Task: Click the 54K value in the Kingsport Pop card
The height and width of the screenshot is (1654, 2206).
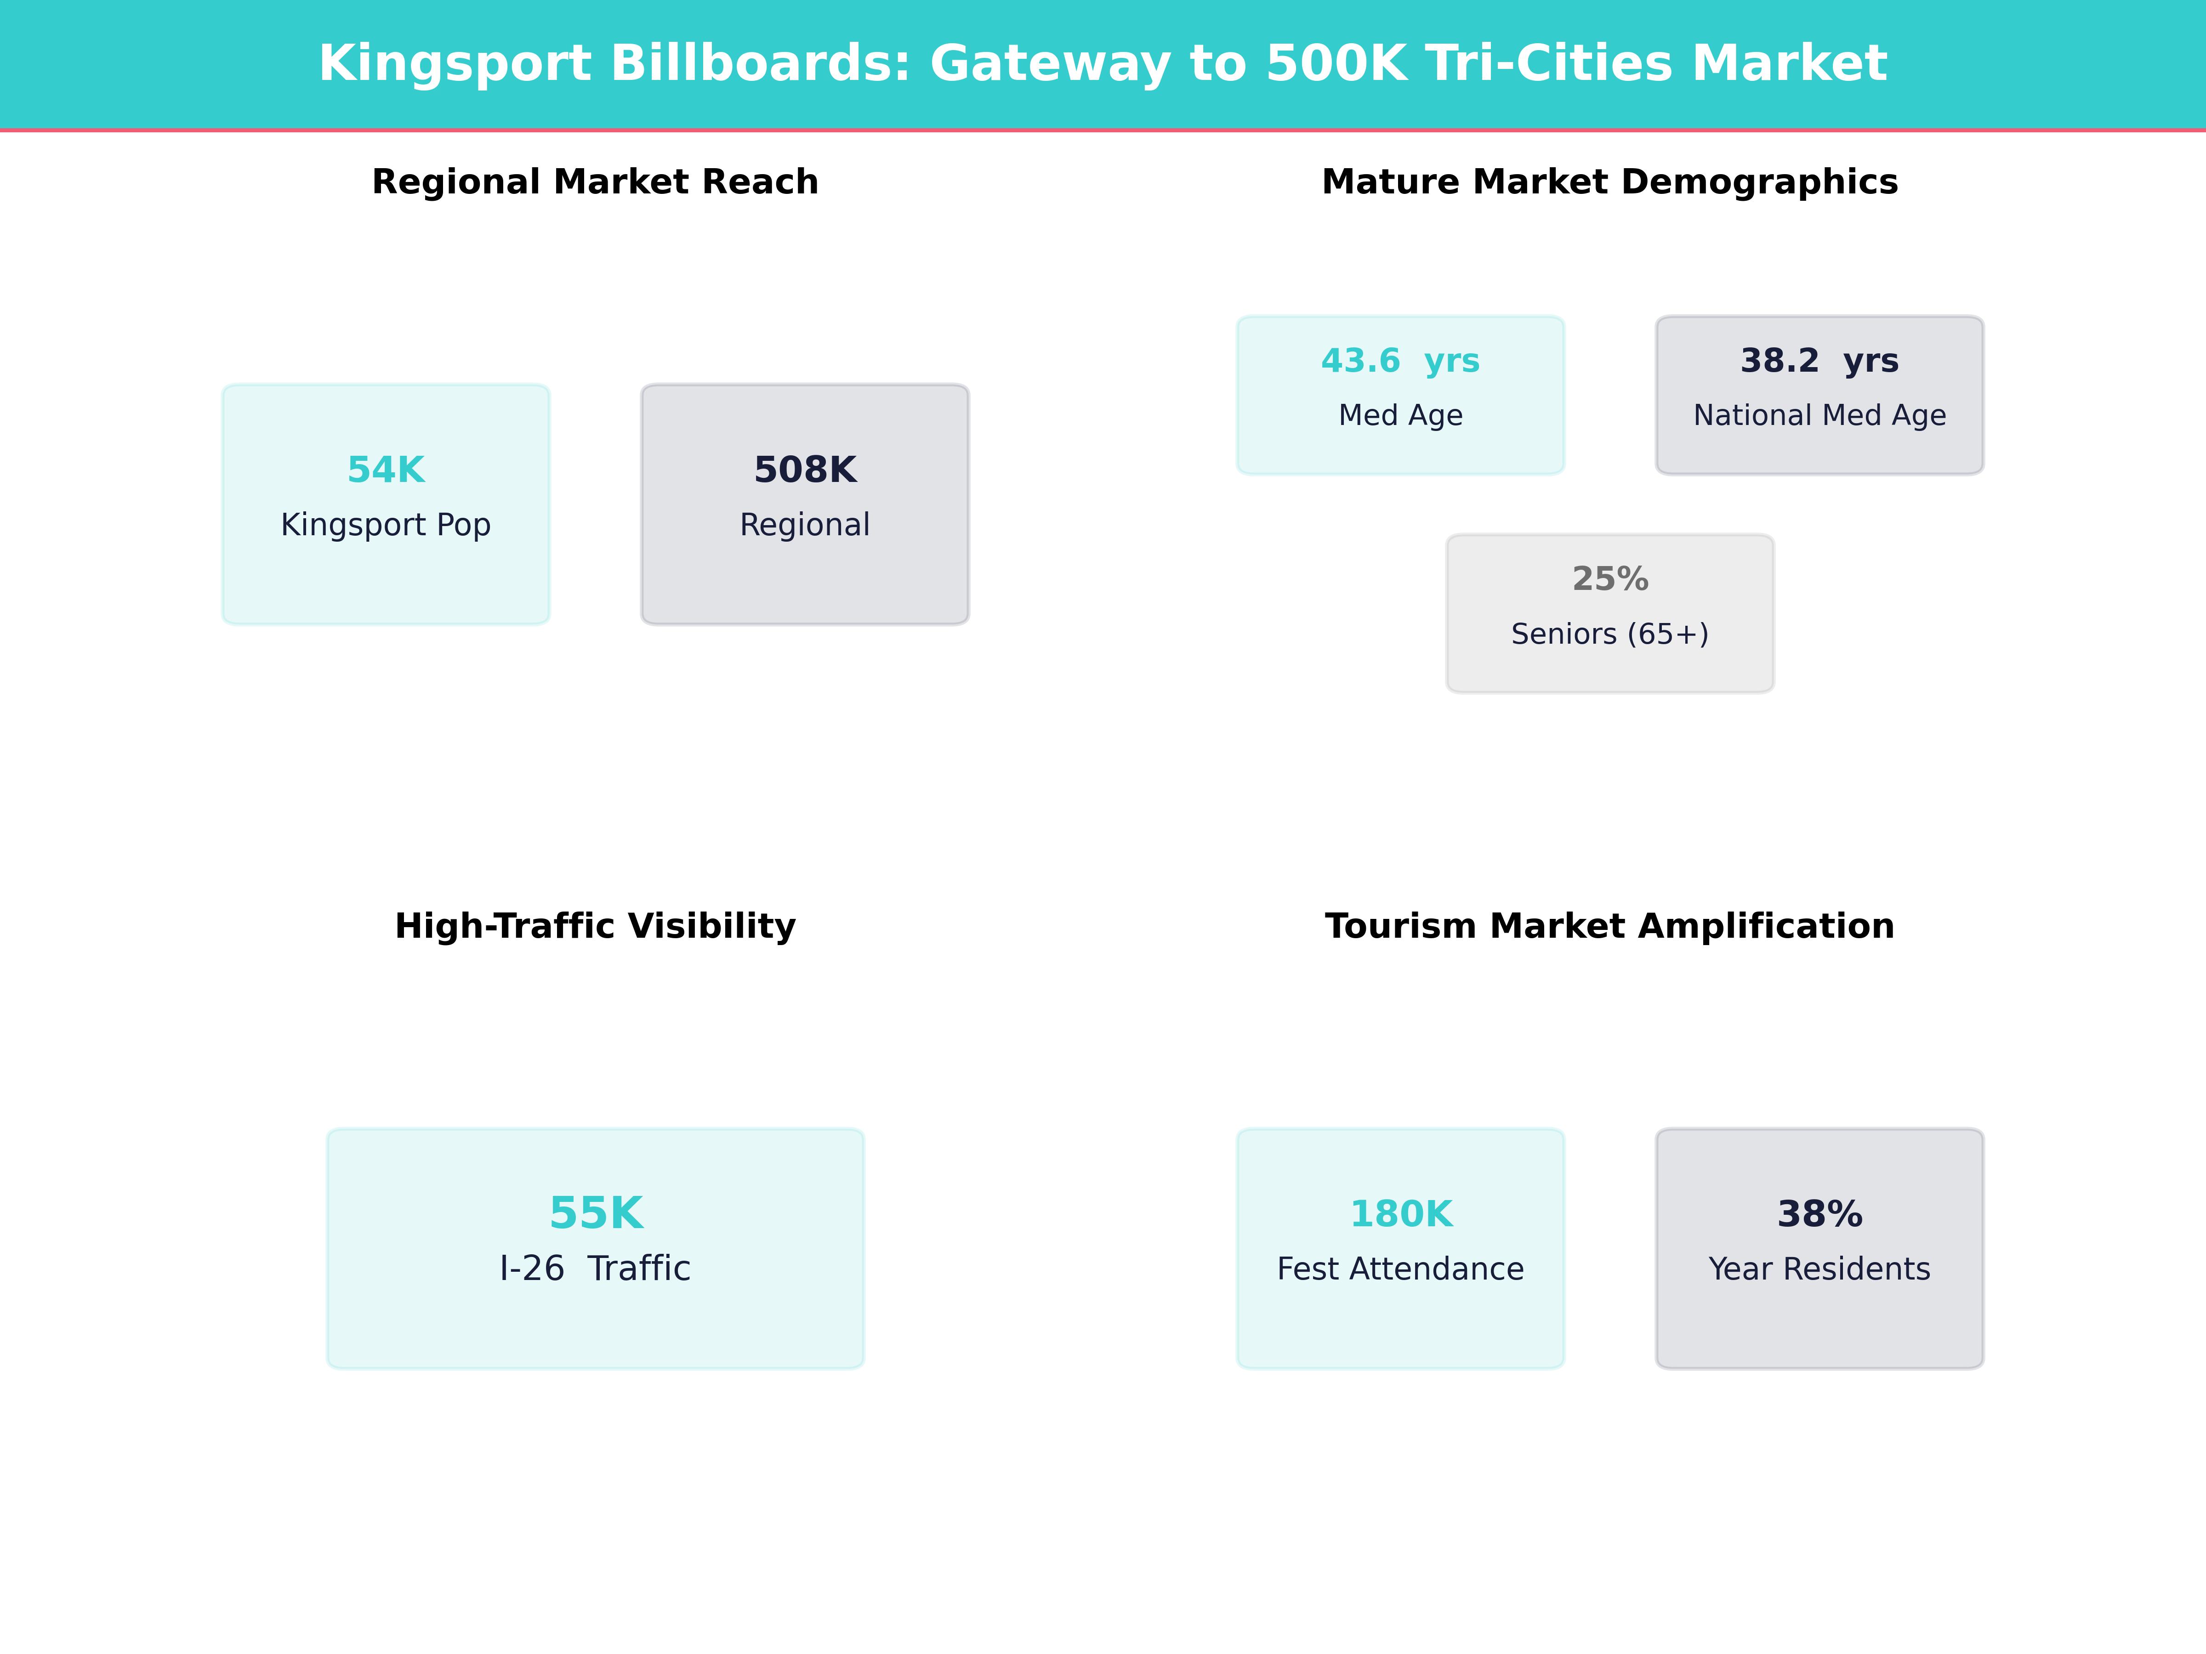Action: (386, 470)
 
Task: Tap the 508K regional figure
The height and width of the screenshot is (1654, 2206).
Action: (805, 470)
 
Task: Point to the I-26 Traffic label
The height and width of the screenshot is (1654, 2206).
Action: (595, 1268)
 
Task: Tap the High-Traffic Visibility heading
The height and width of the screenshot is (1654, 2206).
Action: (595, 926)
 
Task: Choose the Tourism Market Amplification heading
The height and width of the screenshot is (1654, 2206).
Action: (1609, 926)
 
